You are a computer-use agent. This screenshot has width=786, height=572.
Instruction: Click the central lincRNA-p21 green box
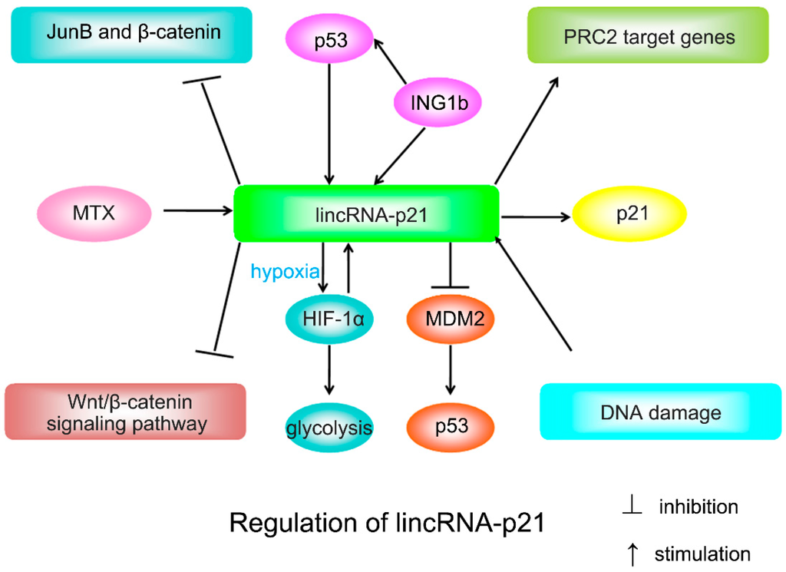[367, 214]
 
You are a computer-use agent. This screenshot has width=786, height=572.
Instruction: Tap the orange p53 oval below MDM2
[450, 422]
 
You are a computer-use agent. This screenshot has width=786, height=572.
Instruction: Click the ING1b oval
[432, 101]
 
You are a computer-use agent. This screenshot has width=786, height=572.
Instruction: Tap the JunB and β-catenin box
[132, 34]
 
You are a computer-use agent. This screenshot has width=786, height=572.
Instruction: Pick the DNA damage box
[661, 412]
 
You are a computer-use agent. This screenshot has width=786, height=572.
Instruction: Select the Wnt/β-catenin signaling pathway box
[125, 412]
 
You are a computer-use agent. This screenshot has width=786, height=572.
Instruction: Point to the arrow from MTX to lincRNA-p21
[196, 210]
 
